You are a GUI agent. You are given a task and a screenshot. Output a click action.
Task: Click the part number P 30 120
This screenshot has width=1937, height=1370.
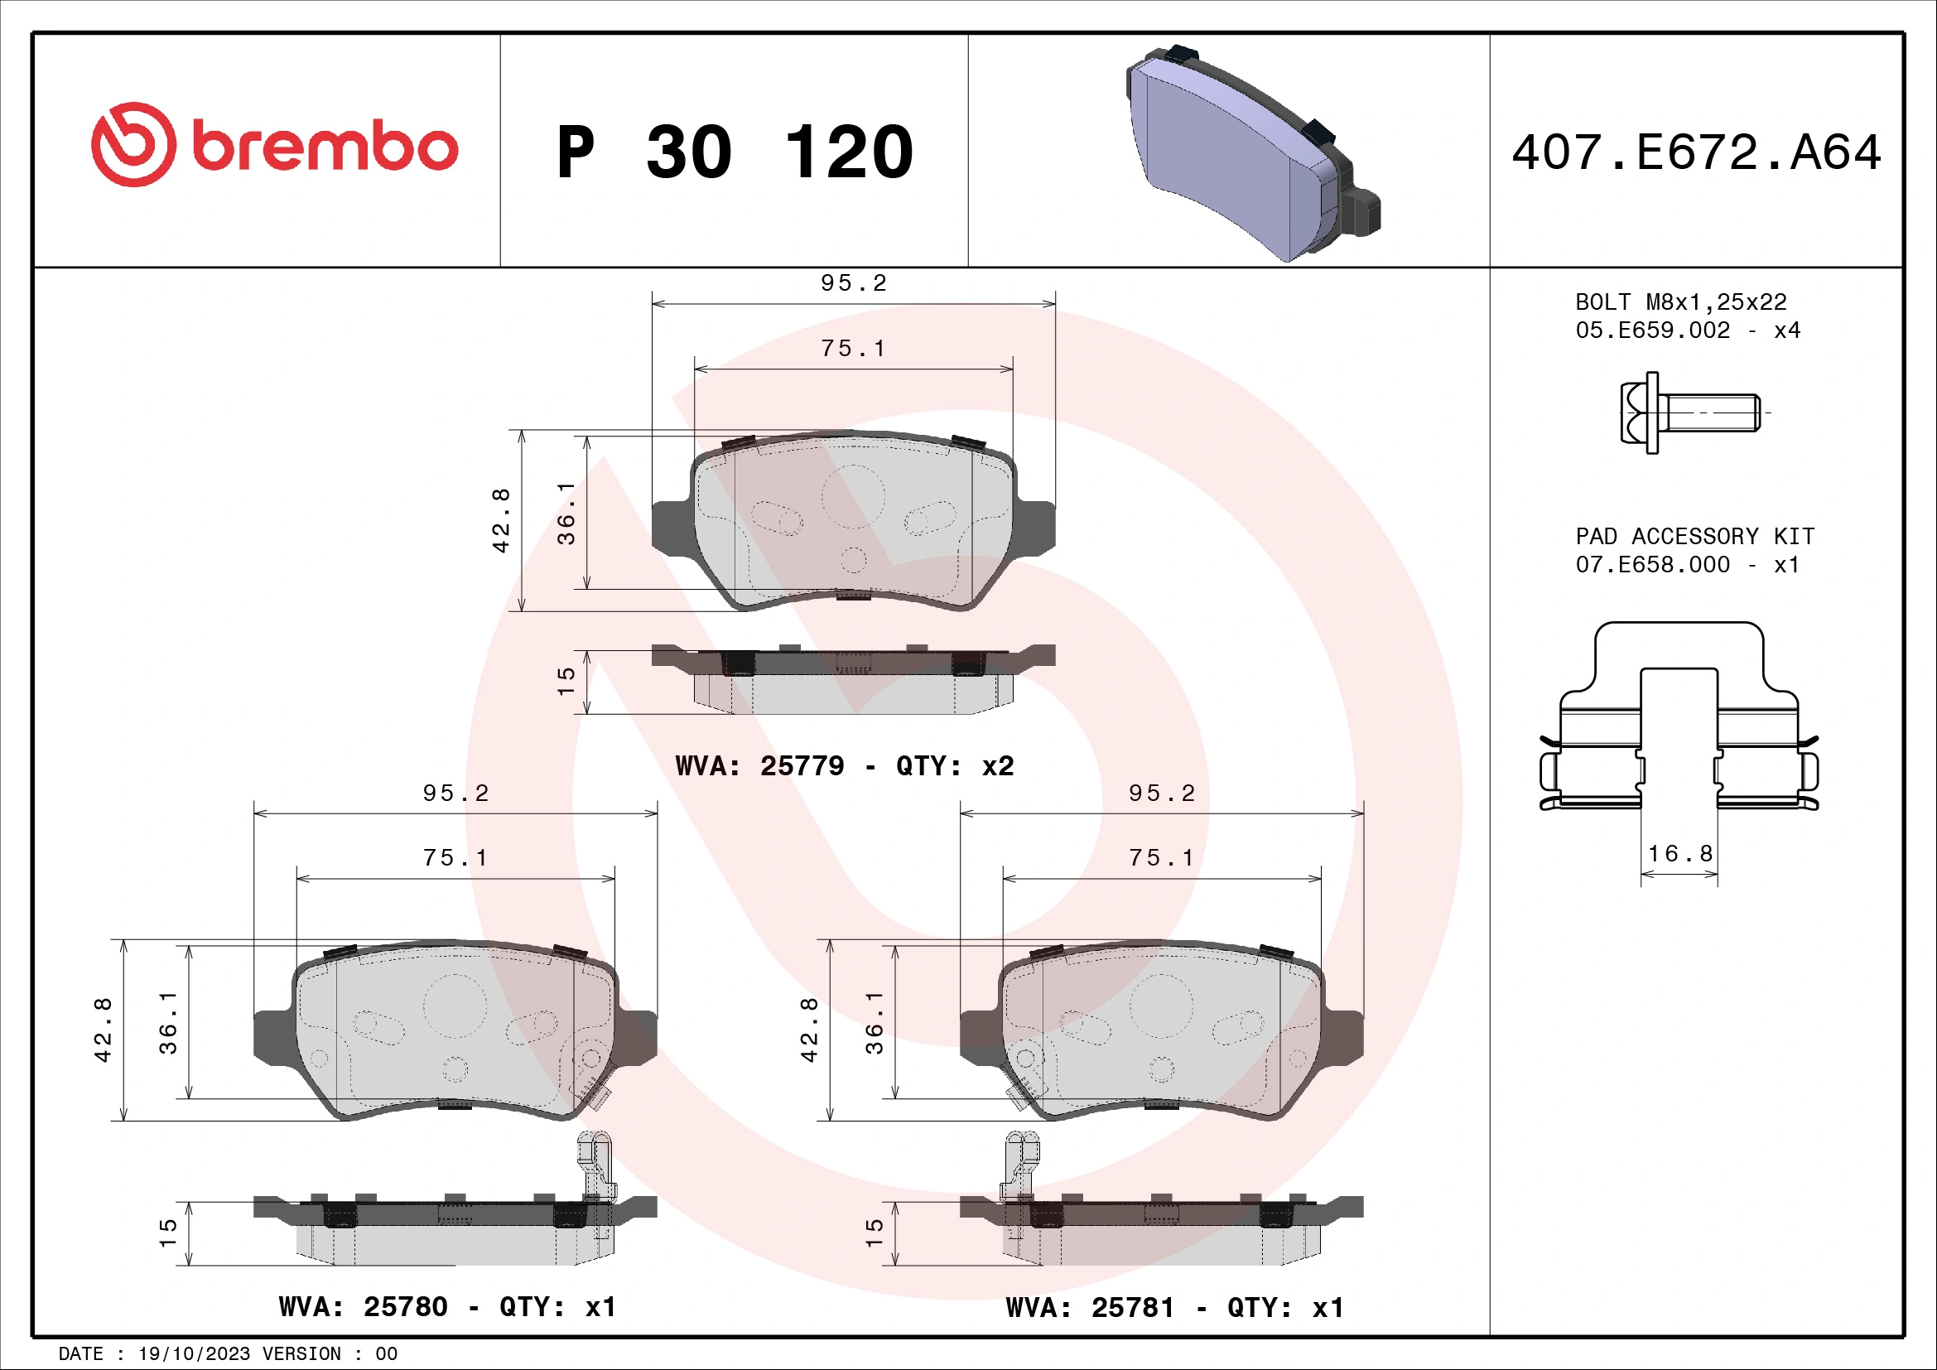coord(735,152)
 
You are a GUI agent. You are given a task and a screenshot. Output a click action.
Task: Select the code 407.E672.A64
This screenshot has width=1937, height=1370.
coord(1696,152)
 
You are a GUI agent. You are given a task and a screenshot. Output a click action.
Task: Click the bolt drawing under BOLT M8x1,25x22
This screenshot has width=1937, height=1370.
coord(1688,412)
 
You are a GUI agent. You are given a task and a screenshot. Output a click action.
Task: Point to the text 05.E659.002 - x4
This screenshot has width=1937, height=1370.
coord(1687,330)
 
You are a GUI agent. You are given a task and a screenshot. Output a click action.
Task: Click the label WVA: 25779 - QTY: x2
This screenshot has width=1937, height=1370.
coord(845,766)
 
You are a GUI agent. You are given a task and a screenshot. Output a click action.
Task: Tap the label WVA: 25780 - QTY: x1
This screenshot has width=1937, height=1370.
coord(447,1307)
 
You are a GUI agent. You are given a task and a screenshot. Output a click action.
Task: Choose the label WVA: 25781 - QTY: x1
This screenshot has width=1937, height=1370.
coord(1174,1308)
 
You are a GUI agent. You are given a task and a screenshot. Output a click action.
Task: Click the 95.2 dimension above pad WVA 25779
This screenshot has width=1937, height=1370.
coord(854,283)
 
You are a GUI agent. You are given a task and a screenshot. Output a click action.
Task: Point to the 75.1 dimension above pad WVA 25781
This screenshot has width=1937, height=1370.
coord(1162,858)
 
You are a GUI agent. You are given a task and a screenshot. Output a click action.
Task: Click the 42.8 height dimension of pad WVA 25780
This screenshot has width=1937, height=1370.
coord(102,1030)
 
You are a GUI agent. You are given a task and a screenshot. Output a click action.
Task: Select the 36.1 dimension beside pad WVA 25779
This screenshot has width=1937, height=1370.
coord(566,513)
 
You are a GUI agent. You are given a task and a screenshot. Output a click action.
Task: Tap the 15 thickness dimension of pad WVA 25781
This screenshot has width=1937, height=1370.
coord(875,1233)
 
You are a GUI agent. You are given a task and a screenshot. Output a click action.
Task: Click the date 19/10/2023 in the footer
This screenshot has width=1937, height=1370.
coord(194,1354)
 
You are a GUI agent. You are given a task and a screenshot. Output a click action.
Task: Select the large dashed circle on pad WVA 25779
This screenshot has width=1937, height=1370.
coord(853,496)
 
